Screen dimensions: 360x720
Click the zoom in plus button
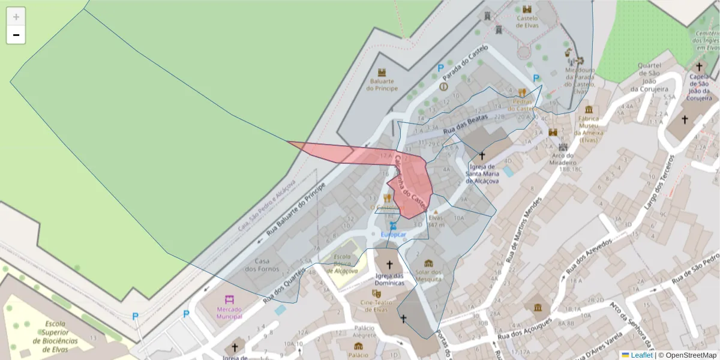point(16,17)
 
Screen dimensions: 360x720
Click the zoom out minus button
point(16,35)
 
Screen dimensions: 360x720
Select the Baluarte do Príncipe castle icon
point(382,72)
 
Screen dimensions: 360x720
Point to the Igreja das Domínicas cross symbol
point(389,264)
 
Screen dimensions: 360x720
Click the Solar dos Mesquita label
point(428,275)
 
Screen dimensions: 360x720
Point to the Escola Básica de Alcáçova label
point(343,265)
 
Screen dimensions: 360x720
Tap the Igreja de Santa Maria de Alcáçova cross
point(482,155)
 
